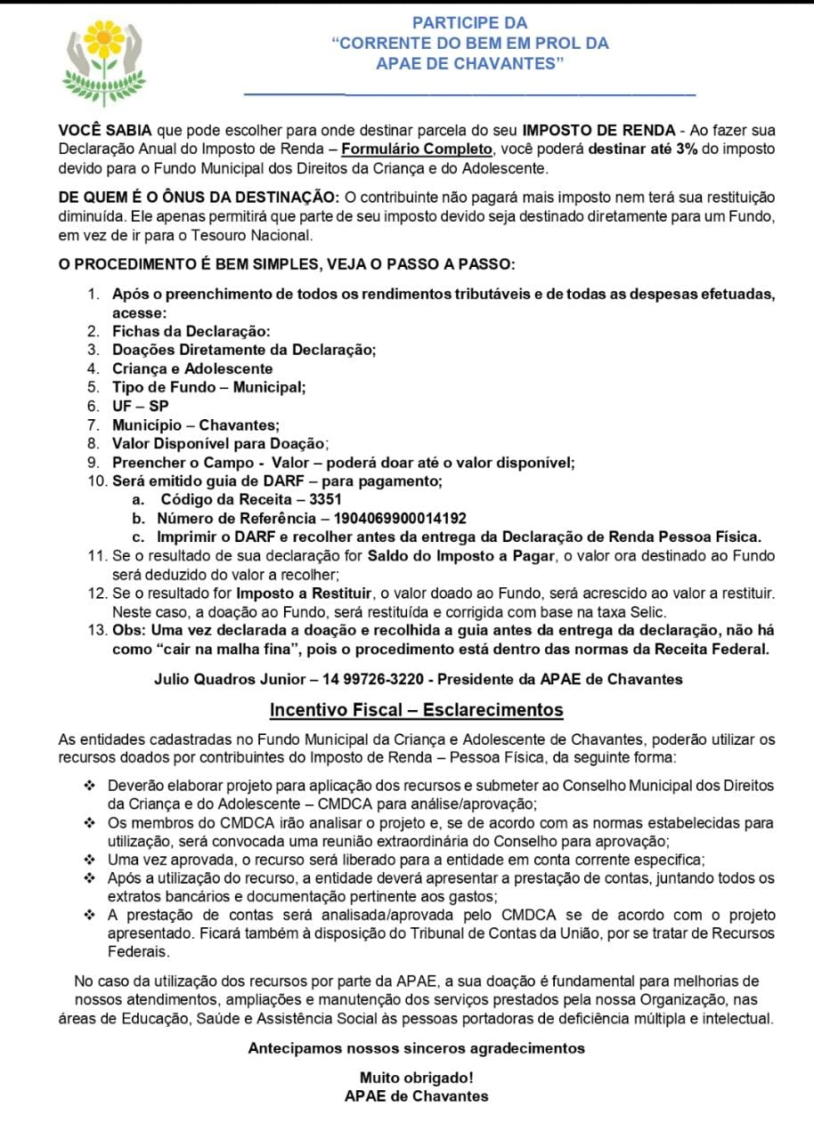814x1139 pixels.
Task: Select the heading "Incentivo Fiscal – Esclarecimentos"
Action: coord(417,710)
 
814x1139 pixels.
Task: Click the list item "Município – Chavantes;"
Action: coord(195,425)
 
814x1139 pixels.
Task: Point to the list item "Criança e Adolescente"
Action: coord(192,368)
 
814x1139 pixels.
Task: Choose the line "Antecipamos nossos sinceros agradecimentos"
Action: coord(416,1048)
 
